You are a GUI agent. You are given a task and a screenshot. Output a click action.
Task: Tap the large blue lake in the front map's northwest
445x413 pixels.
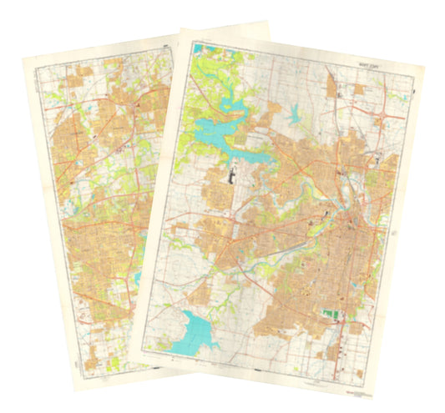(x=219, y=131)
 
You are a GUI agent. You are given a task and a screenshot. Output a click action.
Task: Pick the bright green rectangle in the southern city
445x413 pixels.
(x=332, y=315)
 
